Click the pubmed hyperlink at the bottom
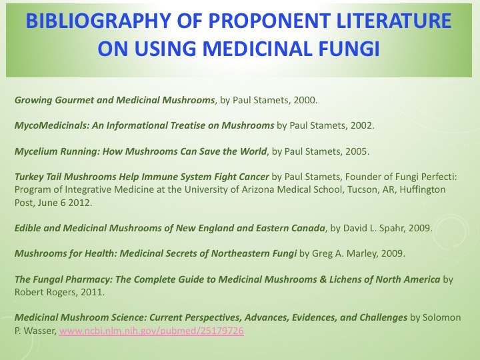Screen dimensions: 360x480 click(151, 330)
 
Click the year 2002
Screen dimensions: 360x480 click(364, 125)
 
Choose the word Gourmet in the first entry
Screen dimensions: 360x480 click(74, 101)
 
